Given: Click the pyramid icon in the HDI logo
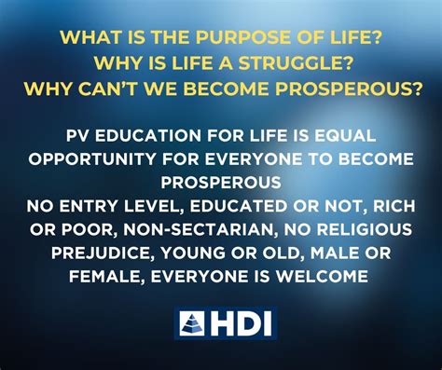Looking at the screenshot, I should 192,322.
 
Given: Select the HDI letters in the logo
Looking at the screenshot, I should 240,322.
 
